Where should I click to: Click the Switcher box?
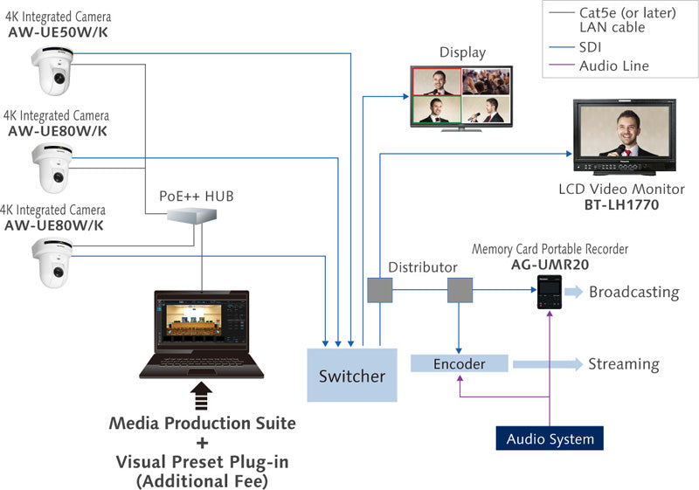pyautogui.click(x=351, y=376)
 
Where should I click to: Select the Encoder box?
pyautogui.click(x=459, y=363)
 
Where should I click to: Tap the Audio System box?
pyautogui.click(x=550, y=438)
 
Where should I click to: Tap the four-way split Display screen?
pyautogui.click(x=461, y=97)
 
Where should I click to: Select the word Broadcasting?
pyautogui.click(x=633, y=292)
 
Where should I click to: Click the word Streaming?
pyautogui.click(x=623, y=363)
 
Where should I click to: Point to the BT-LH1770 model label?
pyautogui.click(x=621, y=205)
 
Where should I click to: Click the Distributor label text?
pyautogui.click(x=423, y=266)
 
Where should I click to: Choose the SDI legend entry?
pyautogui.click(x=591, y=47)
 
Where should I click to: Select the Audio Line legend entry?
pyautogui.click(x=613, y=66)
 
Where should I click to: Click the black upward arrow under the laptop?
pyautogui.click(x=202, y=395)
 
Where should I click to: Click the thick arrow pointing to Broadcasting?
pyautogui.click(x=577, y=292)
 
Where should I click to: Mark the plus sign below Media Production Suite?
pyautogui.click(x=203, y=443)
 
